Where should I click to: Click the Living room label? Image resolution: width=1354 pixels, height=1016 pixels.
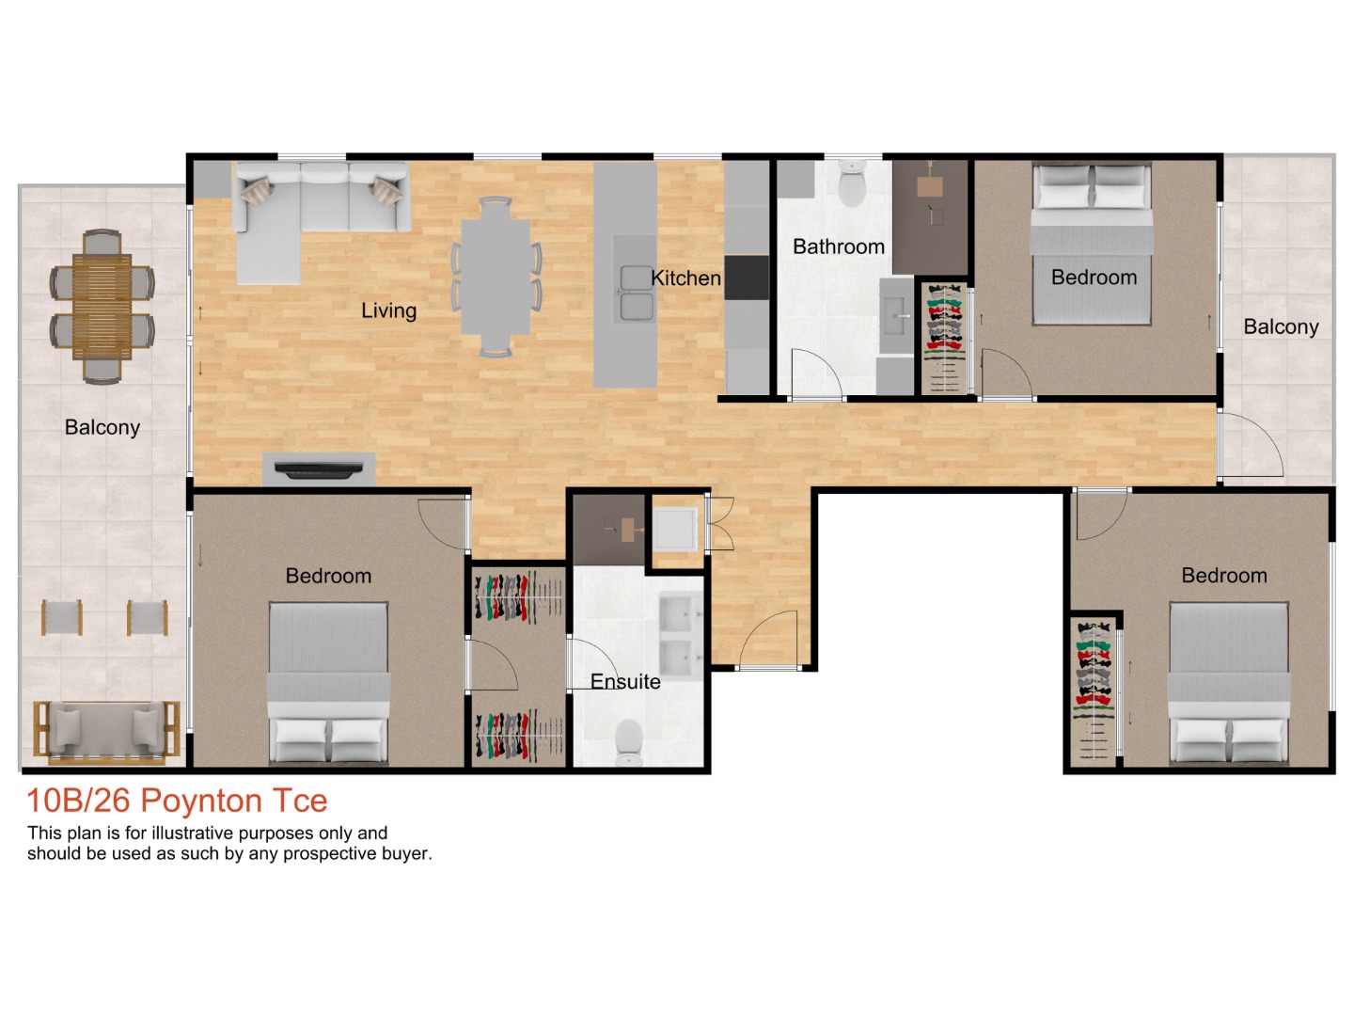388,310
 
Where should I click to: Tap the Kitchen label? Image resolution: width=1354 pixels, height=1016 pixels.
685,278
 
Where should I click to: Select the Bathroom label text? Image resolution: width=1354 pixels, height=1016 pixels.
838,246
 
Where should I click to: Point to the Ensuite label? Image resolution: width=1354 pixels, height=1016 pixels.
625,682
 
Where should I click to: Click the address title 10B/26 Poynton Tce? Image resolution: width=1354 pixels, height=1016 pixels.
177,801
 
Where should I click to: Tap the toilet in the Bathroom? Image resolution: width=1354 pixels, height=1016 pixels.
852,183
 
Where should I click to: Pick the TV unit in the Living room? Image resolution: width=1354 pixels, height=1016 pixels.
319,468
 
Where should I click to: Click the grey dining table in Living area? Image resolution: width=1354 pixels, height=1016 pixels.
496,277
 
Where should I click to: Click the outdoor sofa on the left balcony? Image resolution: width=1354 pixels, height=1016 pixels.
106,730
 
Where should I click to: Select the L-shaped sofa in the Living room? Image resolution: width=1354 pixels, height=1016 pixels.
301,212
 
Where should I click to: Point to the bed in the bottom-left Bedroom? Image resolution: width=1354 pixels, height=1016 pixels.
328,682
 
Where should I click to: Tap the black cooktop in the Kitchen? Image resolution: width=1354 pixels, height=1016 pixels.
747,278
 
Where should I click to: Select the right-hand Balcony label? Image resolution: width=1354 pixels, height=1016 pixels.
1280,327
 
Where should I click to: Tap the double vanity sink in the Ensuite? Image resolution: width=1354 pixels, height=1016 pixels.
681,637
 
